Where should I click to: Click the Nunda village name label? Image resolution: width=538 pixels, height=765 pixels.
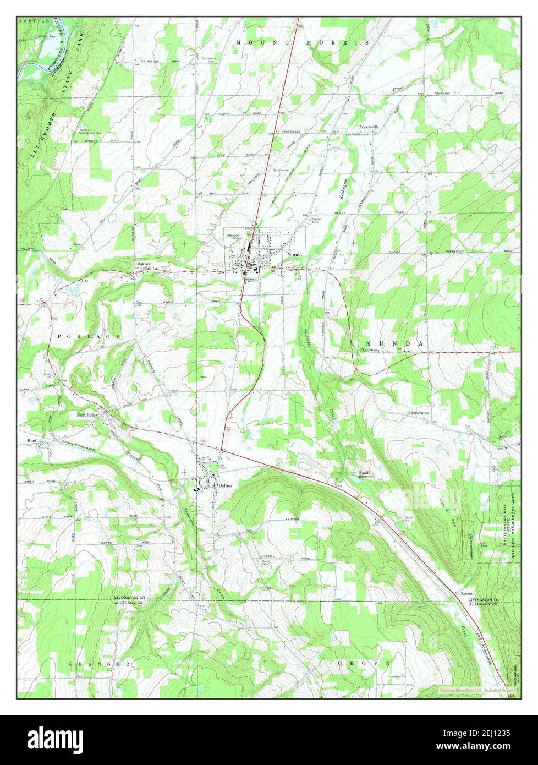pos(293,255)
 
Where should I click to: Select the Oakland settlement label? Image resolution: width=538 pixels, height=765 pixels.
pos(144,264)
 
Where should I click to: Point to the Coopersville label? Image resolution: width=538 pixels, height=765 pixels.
pos(369,127)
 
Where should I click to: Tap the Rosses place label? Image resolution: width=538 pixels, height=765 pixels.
pos(466,594)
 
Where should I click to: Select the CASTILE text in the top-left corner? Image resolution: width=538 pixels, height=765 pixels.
pos(28,20)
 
